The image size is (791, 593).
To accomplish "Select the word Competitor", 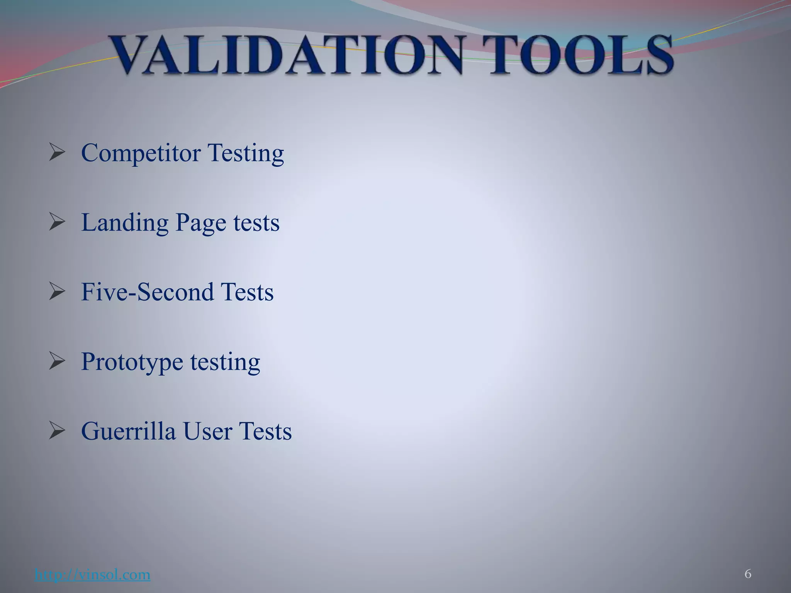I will (x=141, y=153).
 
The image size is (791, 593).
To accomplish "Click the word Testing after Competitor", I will (x=246, y=154).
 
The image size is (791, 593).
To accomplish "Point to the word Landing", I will (x=125, y=223).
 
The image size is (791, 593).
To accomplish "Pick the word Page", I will (x=200, y=223).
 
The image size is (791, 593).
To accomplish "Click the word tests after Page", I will (x=256, y=223).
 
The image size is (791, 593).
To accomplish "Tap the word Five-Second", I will (x=147, y=292).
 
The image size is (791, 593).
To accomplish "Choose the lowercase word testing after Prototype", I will (x=225, y=362).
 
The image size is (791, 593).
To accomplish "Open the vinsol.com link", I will (x=92, y=575).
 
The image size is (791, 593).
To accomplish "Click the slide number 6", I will (x=748, y=574).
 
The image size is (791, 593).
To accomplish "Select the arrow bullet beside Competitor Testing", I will (x=57, y=152).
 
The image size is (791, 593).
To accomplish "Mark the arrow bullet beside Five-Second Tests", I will (x=57, y=291).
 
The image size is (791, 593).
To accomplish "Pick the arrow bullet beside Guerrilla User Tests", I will (x=57, y=430).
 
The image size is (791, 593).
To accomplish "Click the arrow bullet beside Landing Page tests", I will (x=57, y=222).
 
